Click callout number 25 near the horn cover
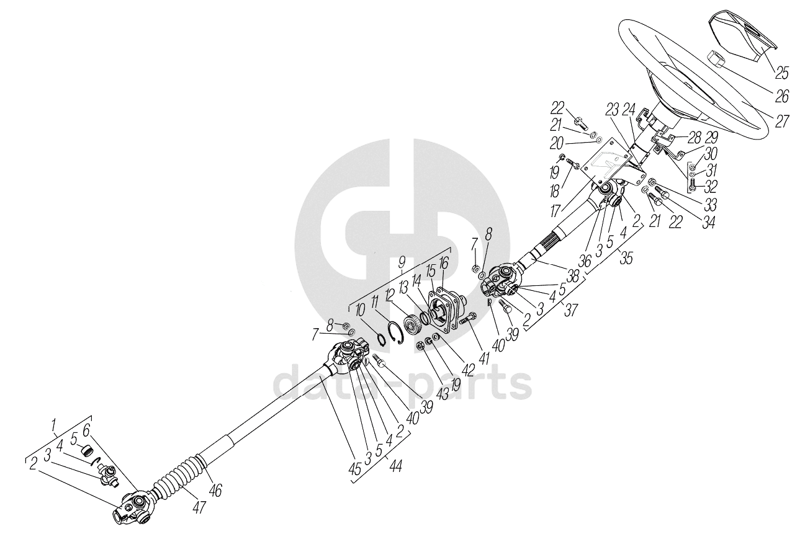(x=781, y=73)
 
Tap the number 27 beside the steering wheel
(x=781, y=120)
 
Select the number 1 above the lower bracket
(x=54, y=425)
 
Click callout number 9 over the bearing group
(x=402, y=262)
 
